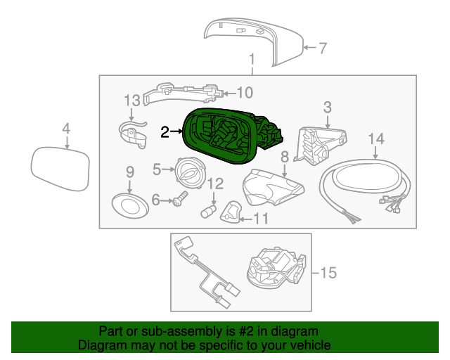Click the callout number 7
(x=323, y=49)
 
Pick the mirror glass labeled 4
(x=60, y=169)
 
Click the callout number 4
(x=66, y=129)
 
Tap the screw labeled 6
(x=176, y=200)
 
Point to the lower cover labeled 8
(x=274, y=187)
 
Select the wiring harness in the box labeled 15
(x=205, y=274)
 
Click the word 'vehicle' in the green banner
(x=306, y=345)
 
